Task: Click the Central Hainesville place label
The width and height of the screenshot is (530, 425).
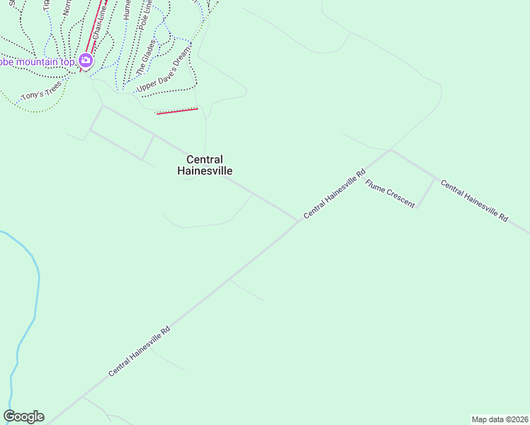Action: coord(205,165)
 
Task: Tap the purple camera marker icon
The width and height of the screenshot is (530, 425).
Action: coord(86,60)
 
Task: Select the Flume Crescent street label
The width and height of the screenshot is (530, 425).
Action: coord(390,193)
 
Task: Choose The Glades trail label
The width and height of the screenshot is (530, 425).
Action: coord(145,57)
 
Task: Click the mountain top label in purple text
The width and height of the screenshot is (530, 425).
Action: coord(35,61)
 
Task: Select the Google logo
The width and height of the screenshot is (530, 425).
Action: coord(23,416)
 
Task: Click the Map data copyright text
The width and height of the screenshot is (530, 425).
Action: coord(500,419)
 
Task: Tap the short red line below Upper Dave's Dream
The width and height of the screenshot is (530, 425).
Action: coord(176,110)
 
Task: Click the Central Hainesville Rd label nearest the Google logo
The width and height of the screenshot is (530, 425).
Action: coord(140,351)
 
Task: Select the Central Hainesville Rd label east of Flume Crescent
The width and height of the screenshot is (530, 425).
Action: coord(474,201)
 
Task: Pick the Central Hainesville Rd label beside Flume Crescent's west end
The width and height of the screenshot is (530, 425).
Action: coord(334,193)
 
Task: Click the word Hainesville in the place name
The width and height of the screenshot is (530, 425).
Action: coord(205,171)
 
